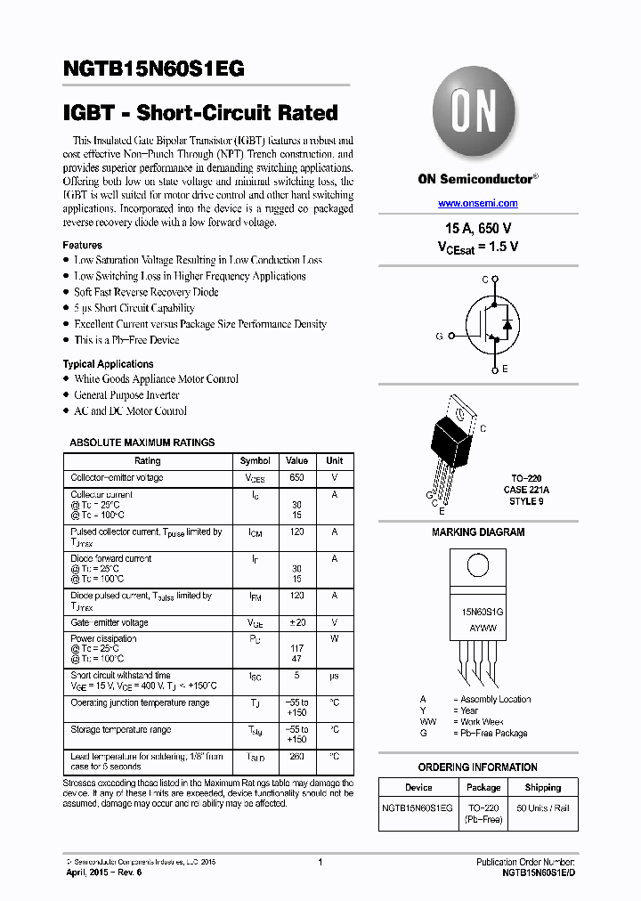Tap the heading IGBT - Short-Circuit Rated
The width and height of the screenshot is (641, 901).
200,113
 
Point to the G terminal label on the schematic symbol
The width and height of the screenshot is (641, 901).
439,336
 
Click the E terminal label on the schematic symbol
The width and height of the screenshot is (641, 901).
505,369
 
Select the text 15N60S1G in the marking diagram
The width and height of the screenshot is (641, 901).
483,613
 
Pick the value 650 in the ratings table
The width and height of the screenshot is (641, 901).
297,478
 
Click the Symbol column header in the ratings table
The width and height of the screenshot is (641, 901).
256,460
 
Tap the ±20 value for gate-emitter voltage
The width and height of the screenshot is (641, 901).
297,623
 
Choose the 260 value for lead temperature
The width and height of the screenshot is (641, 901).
297,757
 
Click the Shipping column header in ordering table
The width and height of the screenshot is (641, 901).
543,787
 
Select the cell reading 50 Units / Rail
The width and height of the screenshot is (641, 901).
543,808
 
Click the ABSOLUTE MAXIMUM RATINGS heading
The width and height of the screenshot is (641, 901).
142,442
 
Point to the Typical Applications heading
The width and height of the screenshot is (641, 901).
108,363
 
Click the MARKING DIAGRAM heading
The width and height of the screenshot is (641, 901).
478,532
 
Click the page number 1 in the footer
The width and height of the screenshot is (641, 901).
320,862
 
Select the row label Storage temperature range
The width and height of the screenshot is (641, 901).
121,730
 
